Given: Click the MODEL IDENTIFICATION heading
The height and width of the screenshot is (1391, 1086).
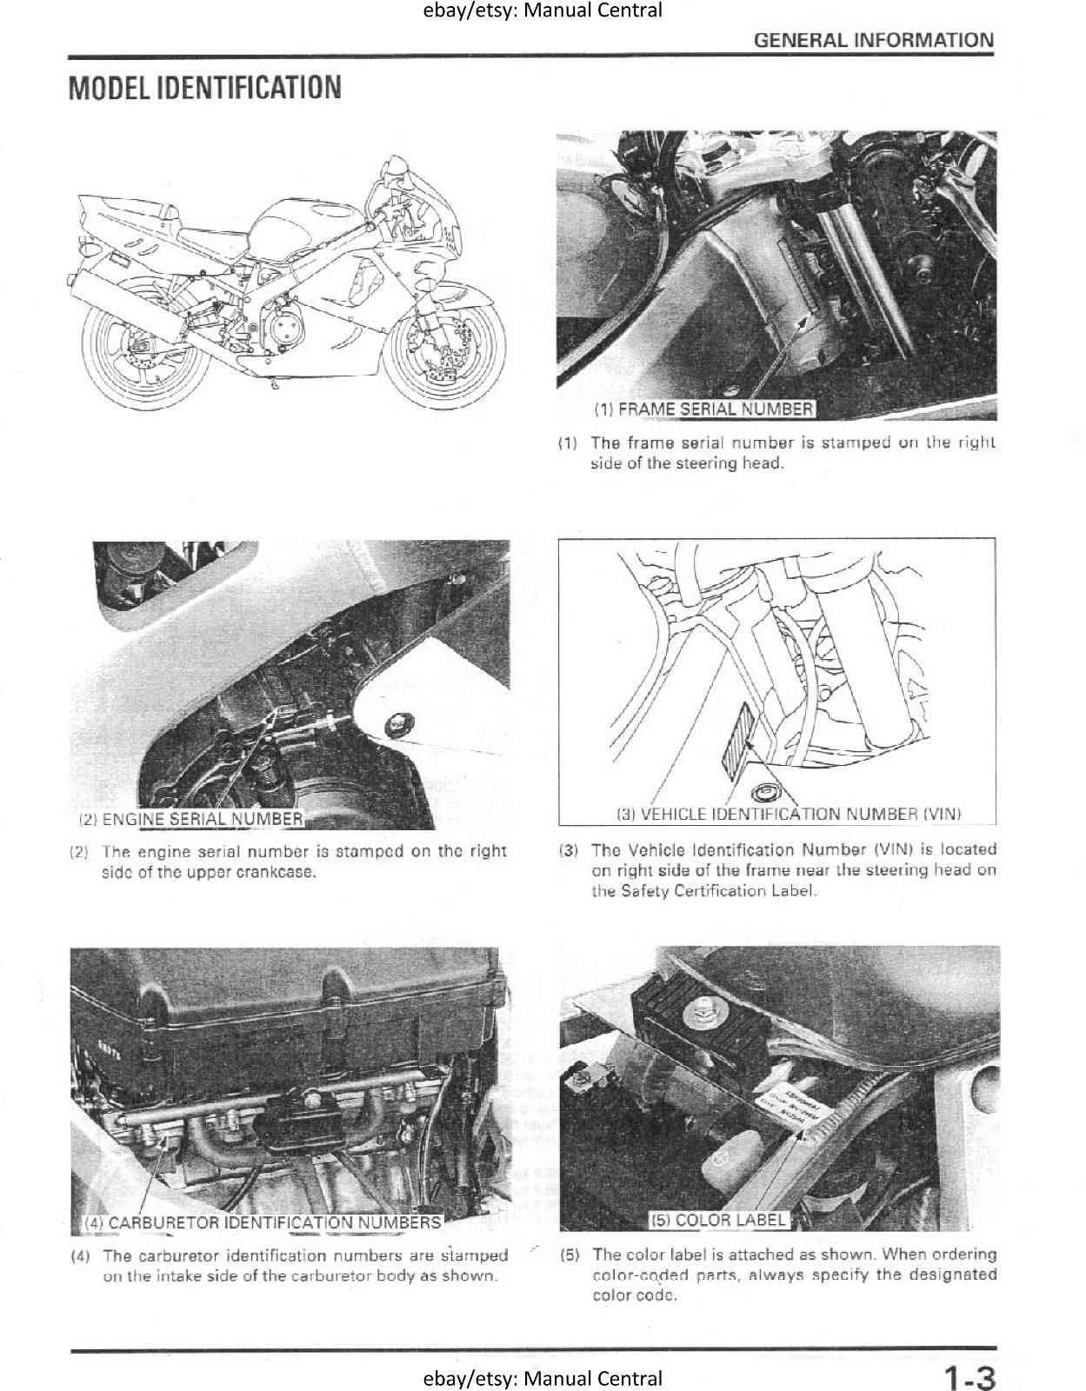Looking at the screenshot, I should tap(205, 88).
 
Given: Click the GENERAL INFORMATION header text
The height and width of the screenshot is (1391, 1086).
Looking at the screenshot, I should tap(873, 40).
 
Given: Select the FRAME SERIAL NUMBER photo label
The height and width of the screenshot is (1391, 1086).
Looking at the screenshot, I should tap(703, 409).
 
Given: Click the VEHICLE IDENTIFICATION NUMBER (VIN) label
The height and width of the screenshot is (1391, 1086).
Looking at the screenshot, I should tap(788, 815).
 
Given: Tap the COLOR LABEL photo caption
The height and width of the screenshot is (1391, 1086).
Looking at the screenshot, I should tap(718, 1220).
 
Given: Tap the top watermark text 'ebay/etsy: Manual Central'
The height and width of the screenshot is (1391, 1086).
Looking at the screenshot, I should tap(543, 10).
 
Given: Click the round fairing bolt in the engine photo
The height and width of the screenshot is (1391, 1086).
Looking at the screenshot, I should tap(401, 722).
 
